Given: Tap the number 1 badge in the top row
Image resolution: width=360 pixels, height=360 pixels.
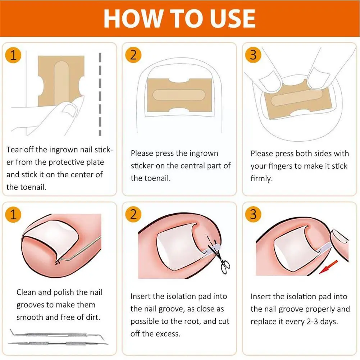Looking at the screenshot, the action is click(13, 55).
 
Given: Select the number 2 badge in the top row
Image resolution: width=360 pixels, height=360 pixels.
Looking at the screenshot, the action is click(133, 55).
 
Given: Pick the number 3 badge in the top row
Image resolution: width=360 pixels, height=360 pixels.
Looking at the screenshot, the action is click(253, 55).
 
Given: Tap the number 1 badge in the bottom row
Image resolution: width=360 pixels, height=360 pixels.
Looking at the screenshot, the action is click(13, 214).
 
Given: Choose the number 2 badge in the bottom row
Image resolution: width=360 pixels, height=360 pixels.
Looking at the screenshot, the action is click(133, 214).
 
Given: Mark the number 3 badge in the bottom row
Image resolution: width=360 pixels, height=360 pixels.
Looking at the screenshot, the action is click(253, 214).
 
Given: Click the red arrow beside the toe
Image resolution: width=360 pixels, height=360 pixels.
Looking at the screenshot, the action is click(328, 267).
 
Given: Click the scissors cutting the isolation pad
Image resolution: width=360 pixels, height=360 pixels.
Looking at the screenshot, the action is click(220, 258).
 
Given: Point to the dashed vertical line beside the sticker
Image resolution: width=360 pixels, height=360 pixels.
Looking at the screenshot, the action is click(100, 94).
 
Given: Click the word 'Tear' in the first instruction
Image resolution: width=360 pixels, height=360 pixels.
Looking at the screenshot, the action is click(14, 150).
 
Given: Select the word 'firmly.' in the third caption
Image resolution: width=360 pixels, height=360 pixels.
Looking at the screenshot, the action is click(261, 178).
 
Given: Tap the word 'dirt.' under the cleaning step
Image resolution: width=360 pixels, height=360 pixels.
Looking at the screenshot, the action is click(93, 317).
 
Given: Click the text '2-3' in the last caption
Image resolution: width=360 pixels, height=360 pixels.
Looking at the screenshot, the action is click(313, 322).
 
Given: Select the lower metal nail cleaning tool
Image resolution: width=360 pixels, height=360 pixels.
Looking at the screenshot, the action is click(58, 343).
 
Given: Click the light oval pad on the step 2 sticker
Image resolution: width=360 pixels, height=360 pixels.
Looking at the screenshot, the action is click(179, 95).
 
